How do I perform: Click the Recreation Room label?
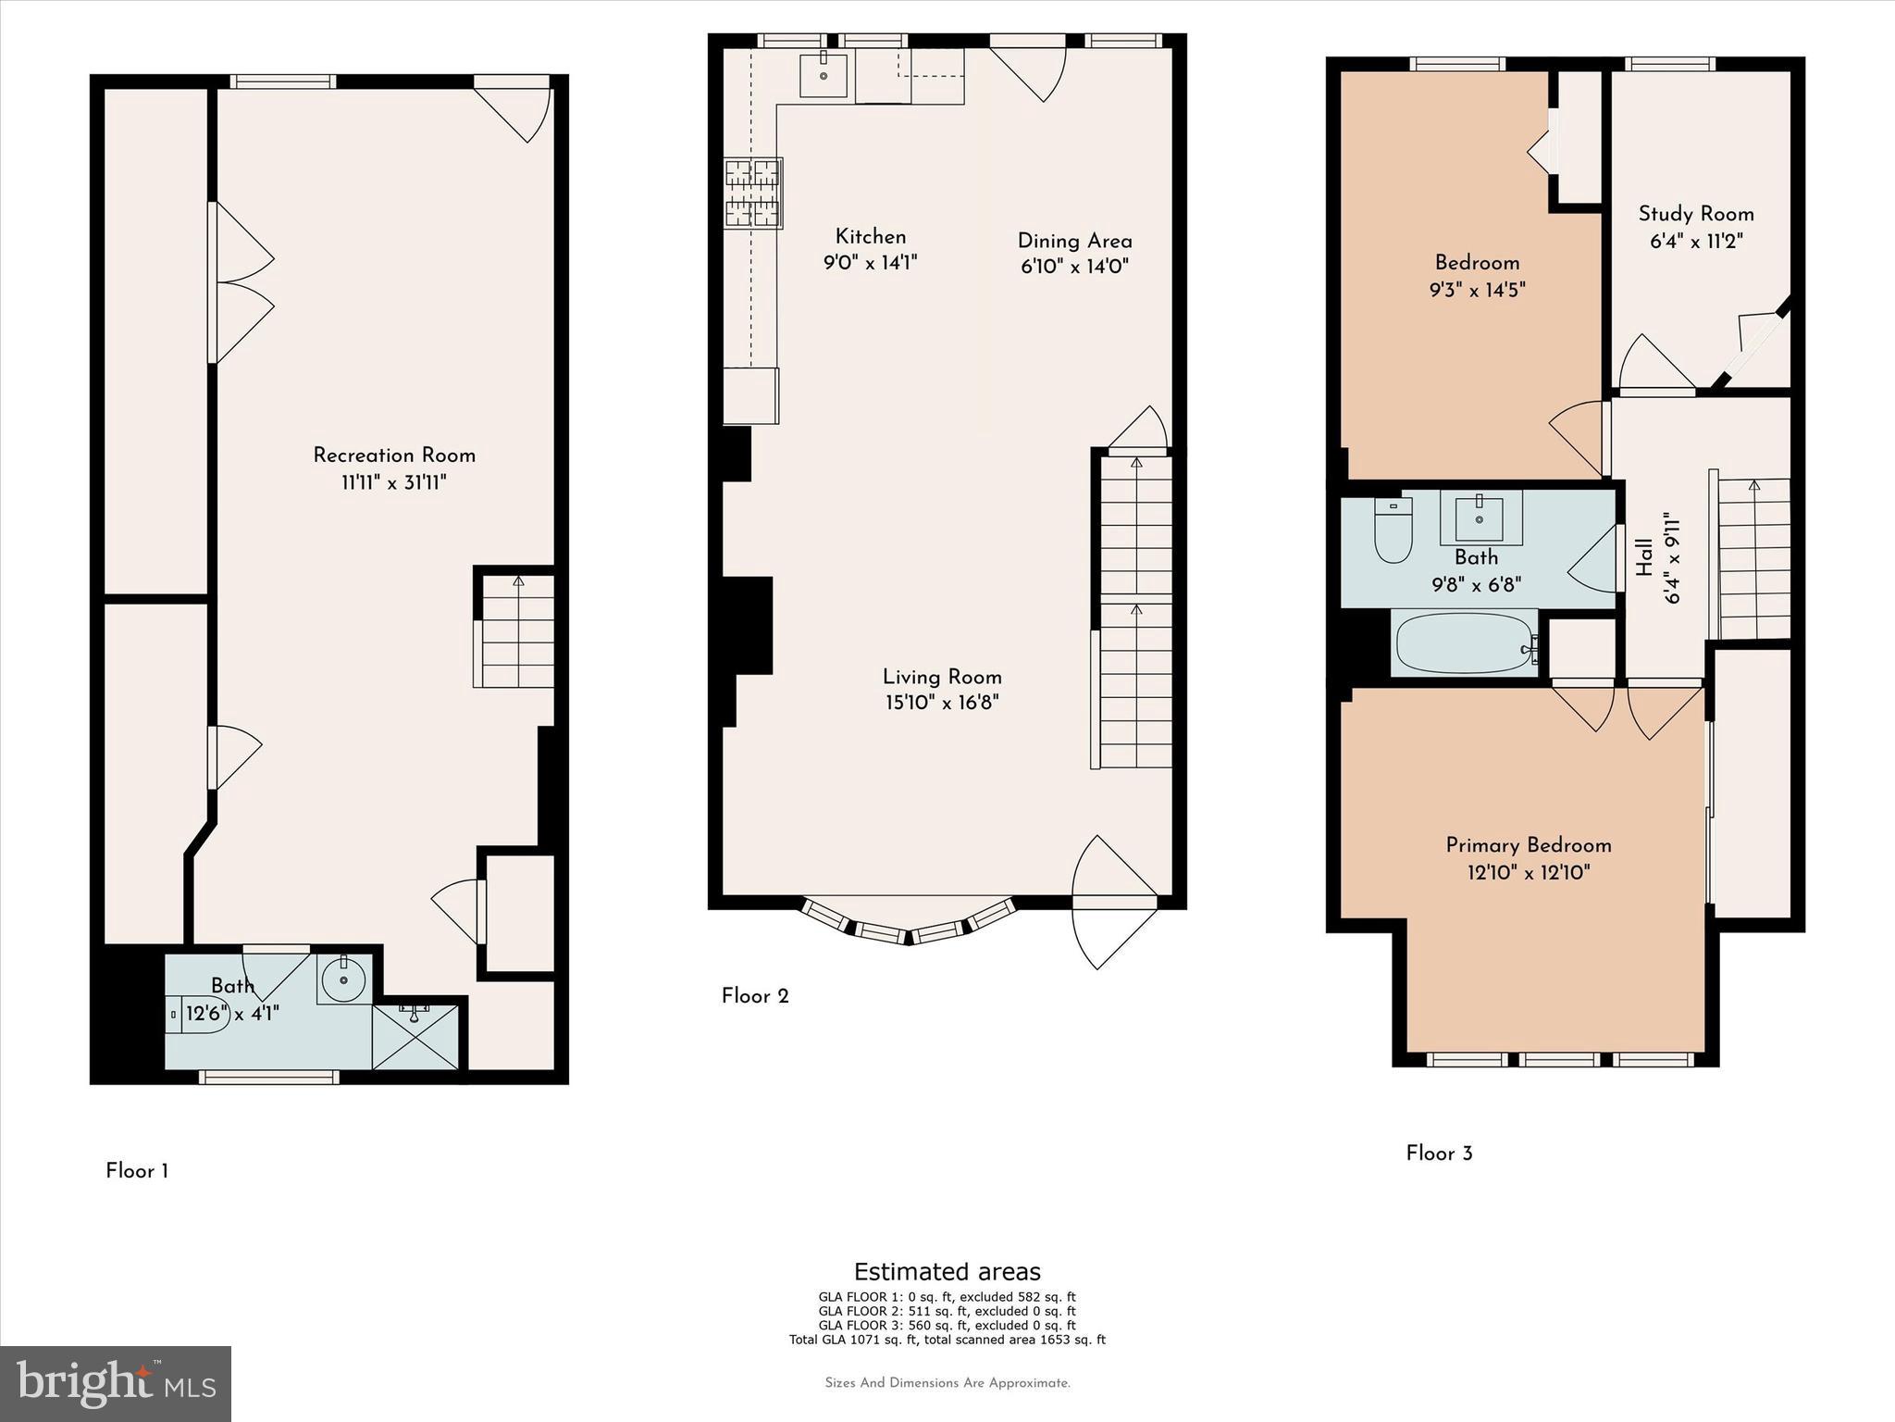pos(394,455)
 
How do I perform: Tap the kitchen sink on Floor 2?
pos(824,75)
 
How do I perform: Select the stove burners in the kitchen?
pos(753,193)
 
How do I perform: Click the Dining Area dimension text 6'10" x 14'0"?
pos(1074,267)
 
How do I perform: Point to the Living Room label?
pos(942,677)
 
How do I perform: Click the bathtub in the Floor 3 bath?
pos(1464,642)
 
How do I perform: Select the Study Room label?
pos(1696,214)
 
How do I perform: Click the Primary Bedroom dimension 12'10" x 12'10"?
pos(1529,872)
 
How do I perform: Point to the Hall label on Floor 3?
pos(1644,557)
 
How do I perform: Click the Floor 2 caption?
pos(755,996)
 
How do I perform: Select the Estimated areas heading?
pos(947,1271)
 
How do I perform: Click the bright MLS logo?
pos(116,1383)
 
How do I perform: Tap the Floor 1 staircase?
pos(517,630)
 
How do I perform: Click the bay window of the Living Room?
pos(908,927)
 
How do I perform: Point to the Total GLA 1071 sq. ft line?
pos(947,1340)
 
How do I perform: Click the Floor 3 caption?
pos(1439,1154)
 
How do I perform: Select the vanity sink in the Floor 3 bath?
pos(1478,518)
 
